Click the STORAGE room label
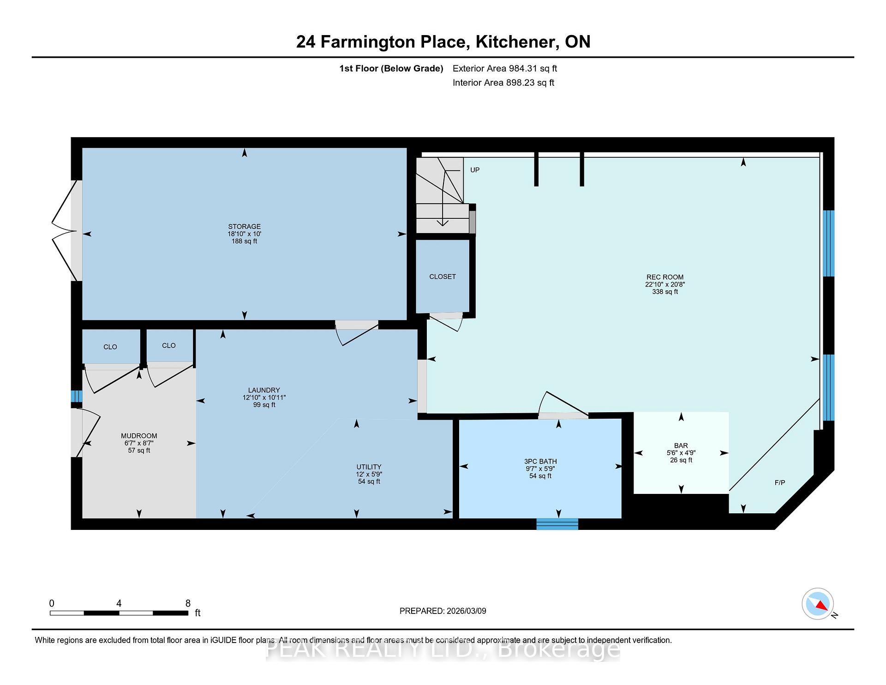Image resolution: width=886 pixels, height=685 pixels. (244, 227)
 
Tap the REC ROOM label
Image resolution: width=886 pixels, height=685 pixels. (665, 277)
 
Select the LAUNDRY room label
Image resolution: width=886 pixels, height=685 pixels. (264, 390)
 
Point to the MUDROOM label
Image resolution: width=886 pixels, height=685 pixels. (139, 436)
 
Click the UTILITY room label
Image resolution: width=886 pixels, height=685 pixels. (369, 467)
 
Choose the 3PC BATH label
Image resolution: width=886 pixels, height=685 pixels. (540, 462)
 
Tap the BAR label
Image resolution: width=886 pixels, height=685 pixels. (681, 446)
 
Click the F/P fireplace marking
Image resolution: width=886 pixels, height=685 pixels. (780, 483)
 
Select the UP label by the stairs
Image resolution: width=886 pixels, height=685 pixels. (475, 170)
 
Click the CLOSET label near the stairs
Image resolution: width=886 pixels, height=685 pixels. (443, 276)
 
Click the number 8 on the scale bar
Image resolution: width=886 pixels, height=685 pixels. (188, 603)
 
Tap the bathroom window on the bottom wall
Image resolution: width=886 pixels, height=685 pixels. (557, 524)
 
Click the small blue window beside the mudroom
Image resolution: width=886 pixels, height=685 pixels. (77, 397)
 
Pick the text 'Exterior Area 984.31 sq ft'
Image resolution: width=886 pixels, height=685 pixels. (505, 68)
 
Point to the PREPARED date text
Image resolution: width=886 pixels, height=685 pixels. (443, 611)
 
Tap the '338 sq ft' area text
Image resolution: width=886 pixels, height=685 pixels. (665, 292)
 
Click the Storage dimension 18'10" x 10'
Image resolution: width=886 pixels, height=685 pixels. (244, 234)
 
